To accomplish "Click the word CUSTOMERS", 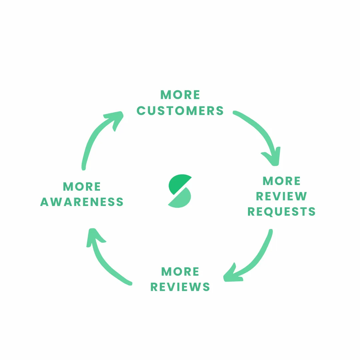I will (180, 111).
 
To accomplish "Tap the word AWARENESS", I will (82, 202).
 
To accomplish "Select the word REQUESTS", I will (282, 212).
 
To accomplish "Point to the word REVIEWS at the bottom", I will (180, 287).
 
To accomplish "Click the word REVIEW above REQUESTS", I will (282, 197).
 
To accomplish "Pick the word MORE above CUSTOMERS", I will (180, 95).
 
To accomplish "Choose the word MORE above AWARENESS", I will (82, 187).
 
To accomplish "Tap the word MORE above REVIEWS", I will (180, 272).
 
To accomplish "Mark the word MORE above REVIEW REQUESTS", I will (282, 181).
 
